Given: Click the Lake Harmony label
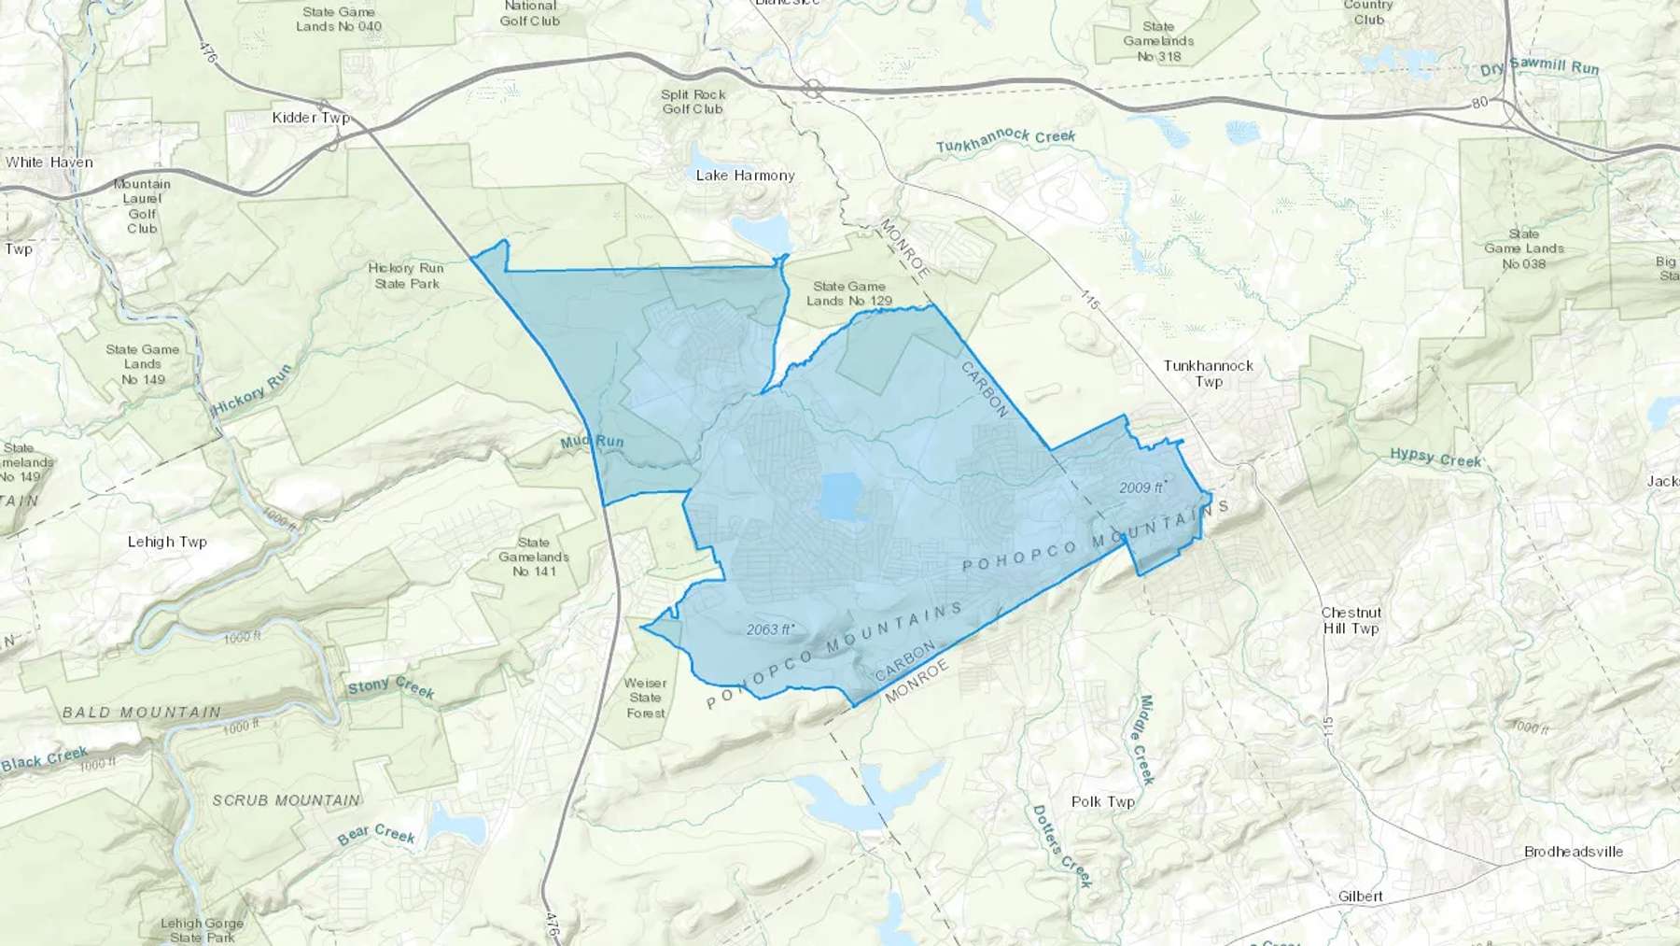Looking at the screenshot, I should (x=745, y=176).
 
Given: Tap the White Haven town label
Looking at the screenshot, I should (x=49, y=162).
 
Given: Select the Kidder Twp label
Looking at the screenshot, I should (x=311, y=118).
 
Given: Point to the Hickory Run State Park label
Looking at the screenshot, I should (x=406, y=275).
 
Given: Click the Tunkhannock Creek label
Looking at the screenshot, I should (x=1005, y=140).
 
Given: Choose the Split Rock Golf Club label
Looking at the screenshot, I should (x=693, y=102).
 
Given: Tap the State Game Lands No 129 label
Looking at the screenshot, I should (x=848, y=293).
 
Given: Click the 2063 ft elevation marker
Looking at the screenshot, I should (x=770, y=629).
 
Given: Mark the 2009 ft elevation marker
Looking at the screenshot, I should (x=1142, y=487).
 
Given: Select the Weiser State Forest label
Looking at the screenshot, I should (x=645, y=698).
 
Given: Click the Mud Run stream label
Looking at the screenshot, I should (x=592, y=442).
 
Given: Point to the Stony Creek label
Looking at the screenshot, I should (x=391, y=687).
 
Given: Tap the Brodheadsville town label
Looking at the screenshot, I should (x=1573, y=852).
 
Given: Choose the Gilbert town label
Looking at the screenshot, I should (x=1360, y=897).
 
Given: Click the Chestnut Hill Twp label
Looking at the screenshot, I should (x=1351, y=621).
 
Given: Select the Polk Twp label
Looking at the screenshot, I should (x=1102, y=801).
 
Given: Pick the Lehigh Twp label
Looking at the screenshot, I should (x=167, y=542).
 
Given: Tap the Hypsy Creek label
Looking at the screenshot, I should (x=1435, y=458).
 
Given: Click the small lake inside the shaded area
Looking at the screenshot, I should (x=838, y=495).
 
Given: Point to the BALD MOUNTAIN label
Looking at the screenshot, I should (x=142, y=713).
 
